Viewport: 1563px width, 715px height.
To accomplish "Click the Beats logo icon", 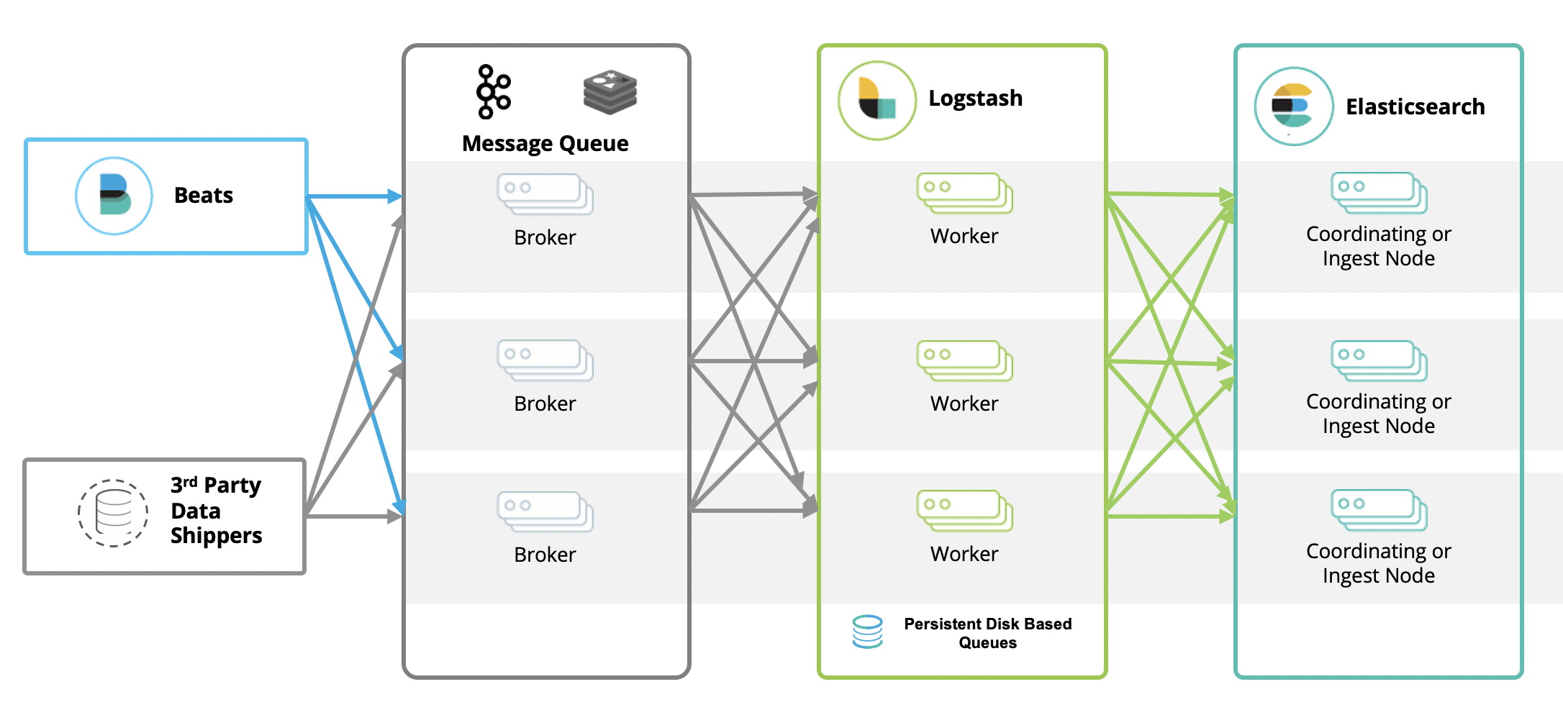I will (114, 196).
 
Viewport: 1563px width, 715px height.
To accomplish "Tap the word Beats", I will (204, 196).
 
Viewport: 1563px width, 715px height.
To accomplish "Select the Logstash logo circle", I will (877, 100).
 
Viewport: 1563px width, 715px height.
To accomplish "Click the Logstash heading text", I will (975, 98).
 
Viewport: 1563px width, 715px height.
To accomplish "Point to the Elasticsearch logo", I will (1293, 106).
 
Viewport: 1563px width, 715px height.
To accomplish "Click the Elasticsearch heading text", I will (1415, 106).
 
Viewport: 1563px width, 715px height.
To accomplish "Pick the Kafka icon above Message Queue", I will (493, 91).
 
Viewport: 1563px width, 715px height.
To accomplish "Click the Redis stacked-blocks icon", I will (610, 92).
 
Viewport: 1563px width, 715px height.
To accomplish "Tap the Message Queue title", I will (545, 143).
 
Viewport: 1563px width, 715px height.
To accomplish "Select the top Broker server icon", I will (545, 194).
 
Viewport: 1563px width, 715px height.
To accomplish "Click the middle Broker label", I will (545, 404).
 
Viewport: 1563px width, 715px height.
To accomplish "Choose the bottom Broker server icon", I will (545, 511).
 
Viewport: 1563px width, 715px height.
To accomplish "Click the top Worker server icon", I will (964, 193).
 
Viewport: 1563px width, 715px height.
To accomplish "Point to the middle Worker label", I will (964, 404).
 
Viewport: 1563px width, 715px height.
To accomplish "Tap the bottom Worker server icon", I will (964, 511).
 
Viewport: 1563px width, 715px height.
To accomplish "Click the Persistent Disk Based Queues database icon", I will (867, 632).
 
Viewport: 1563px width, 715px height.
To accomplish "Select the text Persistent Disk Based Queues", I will (987, 633).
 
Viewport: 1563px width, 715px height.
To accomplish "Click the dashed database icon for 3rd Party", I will (113, 513).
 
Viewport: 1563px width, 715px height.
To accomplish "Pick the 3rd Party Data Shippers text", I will (216, 510).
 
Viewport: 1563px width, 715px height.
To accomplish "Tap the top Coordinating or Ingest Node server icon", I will (1379, 193).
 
